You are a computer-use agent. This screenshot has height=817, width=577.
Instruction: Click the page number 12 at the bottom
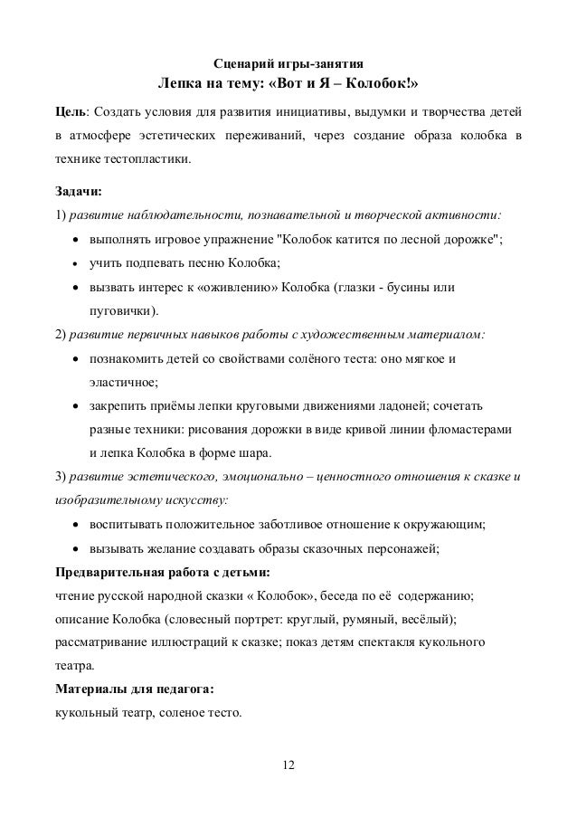(288, 767)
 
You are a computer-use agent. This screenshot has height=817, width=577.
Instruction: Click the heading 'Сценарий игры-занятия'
(288, 64)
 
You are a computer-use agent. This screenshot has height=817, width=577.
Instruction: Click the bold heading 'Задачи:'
(79, 192)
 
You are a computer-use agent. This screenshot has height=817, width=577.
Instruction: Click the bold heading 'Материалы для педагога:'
(135, 689)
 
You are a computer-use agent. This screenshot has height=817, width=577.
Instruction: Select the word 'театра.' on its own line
(74, 666)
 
